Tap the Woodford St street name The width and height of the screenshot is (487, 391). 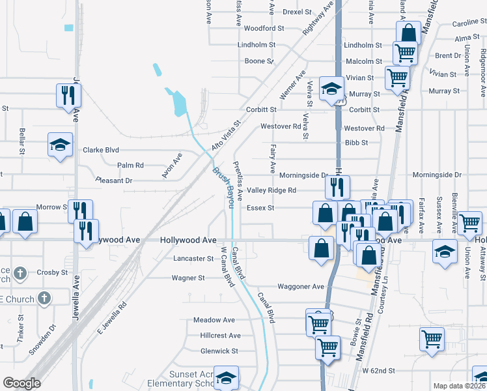(x=264, y=29)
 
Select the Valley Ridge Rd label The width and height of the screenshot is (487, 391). (x=271, y=190)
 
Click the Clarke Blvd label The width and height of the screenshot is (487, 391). (x=100, y=150)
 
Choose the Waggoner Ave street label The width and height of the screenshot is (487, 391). (x=300, y=287)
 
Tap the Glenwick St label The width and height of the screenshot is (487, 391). (x=219, y=351)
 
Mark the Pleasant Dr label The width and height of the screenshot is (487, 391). (x=114, y=181)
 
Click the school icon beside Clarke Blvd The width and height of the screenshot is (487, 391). (x=60, y=145)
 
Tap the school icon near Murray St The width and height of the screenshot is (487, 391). (x=331, y=89)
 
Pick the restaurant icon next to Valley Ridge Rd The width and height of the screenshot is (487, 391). (x=337, y=187)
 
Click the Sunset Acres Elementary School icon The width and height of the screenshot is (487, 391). (x=226, y=377)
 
